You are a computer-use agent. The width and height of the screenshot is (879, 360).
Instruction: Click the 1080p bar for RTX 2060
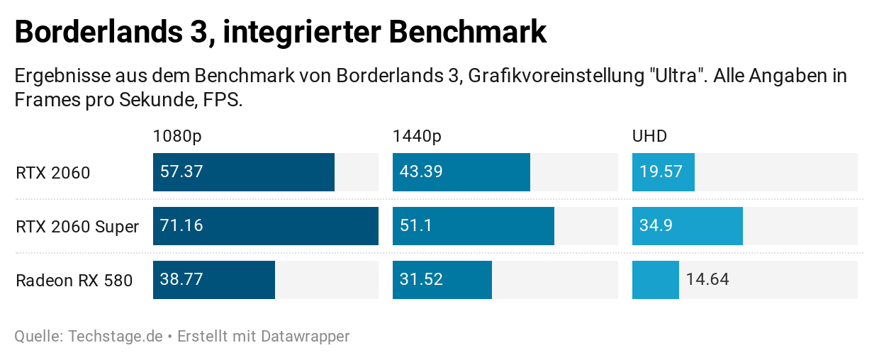click(x=243, y=172)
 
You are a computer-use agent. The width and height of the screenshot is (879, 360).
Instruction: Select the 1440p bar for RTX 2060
click(x=461, y=172)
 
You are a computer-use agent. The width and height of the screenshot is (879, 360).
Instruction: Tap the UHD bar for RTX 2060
click(x=663, y=172)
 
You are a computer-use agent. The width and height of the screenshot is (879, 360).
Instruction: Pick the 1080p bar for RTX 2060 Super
click(x=265, y=226)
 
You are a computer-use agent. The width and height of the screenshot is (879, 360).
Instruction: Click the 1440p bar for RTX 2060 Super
click(x=473, y=226)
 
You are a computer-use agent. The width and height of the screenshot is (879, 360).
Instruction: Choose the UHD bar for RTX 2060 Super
click(x=687, y=226)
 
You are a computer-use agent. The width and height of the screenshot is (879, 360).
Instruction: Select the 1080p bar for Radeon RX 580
click(x=213, y=280)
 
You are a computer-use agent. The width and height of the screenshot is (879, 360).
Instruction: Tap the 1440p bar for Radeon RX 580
click(x=442, y=280)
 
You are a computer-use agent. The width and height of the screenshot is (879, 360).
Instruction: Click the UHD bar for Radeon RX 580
click(x=655, y=280)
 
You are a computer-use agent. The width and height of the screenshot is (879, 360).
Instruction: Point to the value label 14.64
click(x=707, y=280)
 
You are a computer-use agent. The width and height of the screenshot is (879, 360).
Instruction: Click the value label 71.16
click(x=181, y=226)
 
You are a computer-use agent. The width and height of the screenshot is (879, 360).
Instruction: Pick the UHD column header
click(x=649, y=136)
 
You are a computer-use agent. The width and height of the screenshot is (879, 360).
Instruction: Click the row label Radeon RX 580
click(x=74, y=281)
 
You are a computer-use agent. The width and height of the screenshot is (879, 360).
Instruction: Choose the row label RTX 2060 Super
click(x=77, y=227)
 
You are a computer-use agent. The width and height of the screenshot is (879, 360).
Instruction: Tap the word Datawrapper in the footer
click(x=306, y=336)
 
